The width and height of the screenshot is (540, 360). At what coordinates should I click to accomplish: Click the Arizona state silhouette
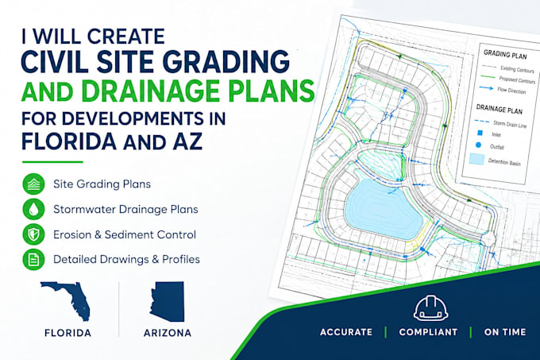tap(168, 301)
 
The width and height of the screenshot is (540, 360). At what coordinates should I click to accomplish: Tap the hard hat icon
tap(431, 308)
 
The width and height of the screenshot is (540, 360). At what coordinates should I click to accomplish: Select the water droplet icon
tap(33, 209)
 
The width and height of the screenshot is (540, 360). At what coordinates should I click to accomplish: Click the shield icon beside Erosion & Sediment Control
tap(33, 234)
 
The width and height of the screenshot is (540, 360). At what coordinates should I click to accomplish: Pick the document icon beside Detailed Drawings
tap(33, 259)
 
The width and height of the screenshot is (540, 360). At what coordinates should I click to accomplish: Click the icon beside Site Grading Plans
tap(33, 184)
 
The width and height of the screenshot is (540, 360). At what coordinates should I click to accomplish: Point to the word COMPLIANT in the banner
tap(428, 332)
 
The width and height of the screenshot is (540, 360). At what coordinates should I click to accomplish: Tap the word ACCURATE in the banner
tap(346, 332)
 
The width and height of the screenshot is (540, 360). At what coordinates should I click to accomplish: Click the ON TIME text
tap(505, 332)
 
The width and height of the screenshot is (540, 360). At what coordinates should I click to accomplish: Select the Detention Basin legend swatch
tap(476, 159)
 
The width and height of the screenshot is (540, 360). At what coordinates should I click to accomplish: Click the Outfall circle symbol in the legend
tap(478, 145)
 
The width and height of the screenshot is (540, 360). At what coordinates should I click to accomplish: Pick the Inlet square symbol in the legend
tap(480, 133)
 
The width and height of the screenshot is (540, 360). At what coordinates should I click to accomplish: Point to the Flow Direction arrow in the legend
tap(486, 88)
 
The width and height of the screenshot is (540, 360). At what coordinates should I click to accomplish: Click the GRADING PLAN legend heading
tap(505, 54)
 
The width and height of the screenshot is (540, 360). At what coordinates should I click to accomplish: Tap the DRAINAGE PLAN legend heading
tap(499, 109)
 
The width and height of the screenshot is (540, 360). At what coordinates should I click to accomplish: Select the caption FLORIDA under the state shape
tap(67, 333)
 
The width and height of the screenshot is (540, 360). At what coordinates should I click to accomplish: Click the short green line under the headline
tap(52, 161)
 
